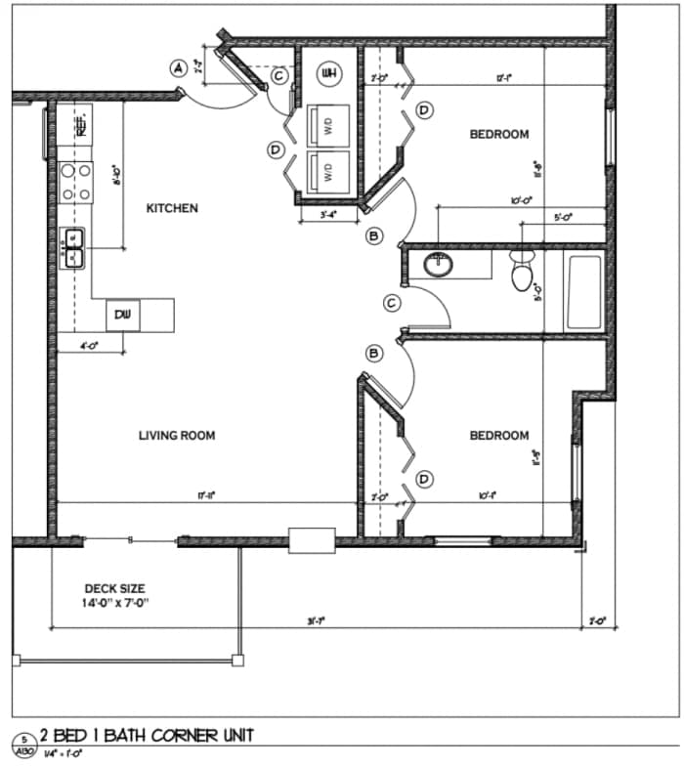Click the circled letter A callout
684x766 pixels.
[x=178, y=67]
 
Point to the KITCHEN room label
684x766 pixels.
[x=172, y=208]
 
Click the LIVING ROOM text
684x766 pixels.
[x=176, y=436]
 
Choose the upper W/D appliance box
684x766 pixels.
[x=328, y=124]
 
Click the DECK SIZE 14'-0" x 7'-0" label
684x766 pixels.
[x=114, y=596]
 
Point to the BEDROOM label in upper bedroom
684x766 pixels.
[x=499, y=135]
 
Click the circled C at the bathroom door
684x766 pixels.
[x=392, y=304]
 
